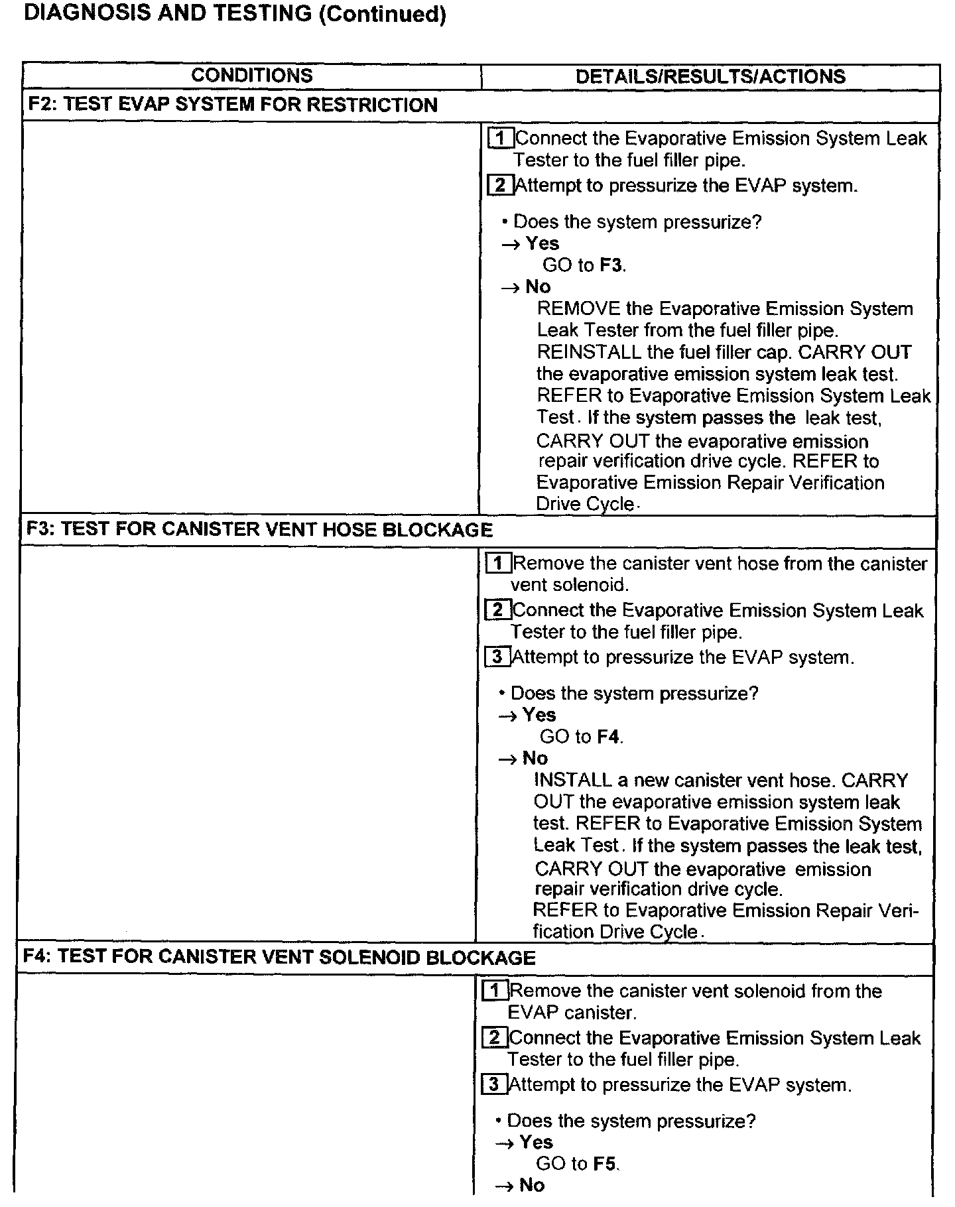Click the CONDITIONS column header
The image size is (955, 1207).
[x=251, y=76]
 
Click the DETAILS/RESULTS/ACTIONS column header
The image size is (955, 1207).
[x=710, y=76]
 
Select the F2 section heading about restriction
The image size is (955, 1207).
[x=233, y=105]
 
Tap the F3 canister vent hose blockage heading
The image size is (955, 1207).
[x=259, y=529]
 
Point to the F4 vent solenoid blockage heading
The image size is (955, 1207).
[x=279, y=957]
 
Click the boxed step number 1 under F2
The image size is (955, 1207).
[x=501, y=138]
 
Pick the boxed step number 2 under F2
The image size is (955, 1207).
[x=500, y=185]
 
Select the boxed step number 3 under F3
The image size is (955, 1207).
[x=497, y=657]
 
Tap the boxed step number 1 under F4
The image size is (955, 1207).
[x=495, y=991]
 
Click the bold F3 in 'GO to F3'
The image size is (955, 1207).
[x=611, y=265]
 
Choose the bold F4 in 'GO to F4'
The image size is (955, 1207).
[x=609, y=737]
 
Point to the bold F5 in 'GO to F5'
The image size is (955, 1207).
[x=605, y=1164]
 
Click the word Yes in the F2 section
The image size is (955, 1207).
[x=542, y=243]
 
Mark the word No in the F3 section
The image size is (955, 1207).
[x=535, y=758]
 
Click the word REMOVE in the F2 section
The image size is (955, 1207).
[x=578, y=308]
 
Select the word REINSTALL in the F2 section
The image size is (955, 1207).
[x=589, y=352]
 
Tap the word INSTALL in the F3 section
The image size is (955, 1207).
[x=573, y=781]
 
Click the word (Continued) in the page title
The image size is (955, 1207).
[x=382, y=14]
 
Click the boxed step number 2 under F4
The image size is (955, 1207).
[x=495, y=1038]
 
